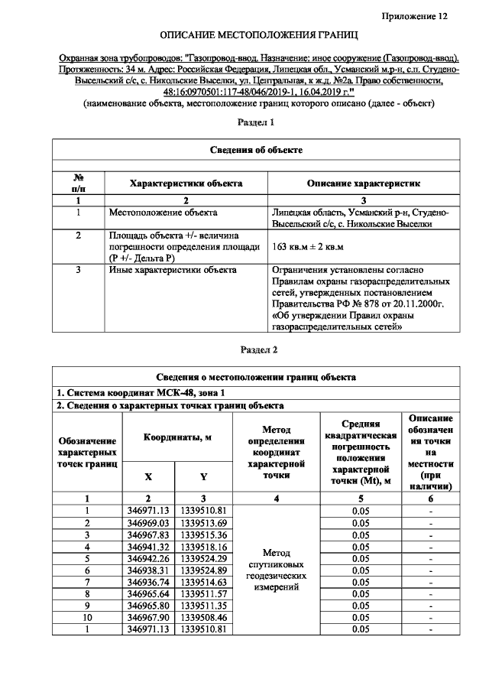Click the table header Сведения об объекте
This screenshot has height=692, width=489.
(x=257, y=150)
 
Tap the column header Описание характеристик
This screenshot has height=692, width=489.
(x=363, y=184)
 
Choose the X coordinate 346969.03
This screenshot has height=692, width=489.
(x=148, y=522)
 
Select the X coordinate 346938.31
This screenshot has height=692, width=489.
(x=148, y=570)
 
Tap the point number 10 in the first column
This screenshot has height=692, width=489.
(x=88, y=617)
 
